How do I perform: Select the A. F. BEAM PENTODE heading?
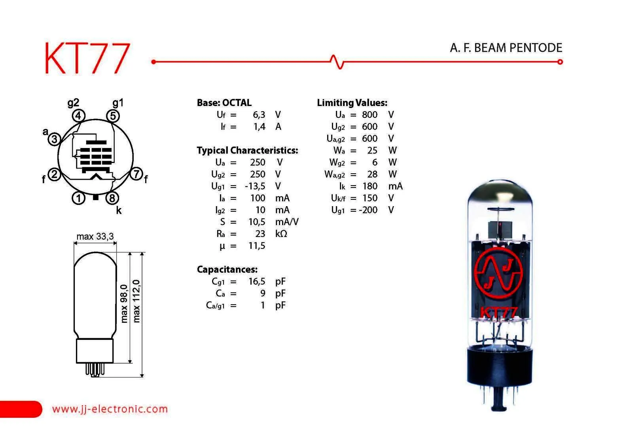click(506, 48)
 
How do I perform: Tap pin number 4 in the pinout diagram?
click(78, 116)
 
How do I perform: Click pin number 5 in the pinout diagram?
click(113, 116)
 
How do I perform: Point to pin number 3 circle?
click(54, 139)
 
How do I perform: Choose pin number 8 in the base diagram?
click(112, 198)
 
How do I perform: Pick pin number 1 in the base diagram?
click(78, 198)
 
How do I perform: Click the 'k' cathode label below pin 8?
click(119, 210)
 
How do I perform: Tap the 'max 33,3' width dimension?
click(95, 236)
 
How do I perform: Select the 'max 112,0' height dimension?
click(136, 301)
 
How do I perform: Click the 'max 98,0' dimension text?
click(124, 303)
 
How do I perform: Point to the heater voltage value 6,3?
click(259, 115)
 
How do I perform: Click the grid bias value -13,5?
click(255, 186)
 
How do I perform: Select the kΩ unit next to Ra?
click(281, 234)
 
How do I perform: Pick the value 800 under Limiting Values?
click(370, 115)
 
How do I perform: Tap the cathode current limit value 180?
click(370, 186)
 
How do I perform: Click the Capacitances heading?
click(227, 269)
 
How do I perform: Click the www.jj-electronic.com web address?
click(110, 409)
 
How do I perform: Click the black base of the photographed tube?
click(500, 366)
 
